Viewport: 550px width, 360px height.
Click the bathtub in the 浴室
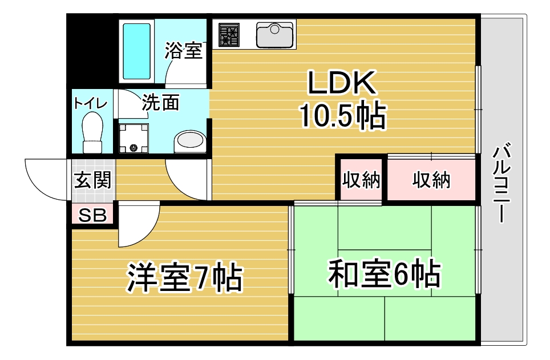click(x=137, y=51)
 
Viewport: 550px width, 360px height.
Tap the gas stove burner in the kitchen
click(x=229, y=35)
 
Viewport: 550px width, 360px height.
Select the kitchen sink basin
click(x=274, y=34)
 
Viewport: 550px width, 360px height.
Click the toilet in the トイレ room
click(x=92, y=132)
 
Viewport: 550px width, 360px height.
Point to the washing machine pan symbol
click(x=134, y=138)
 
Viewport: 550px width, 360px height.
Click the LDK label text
click(x=342, y=83)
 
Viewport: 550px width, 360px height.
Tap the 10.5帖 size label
click(x=342, y=115)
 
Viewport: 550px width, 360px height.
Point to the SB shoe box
click(x=92, y=214)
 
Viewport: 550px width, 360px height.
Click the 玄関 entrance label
click(x=92, y=180)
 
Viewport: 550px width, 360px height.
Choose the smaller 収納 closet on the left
click(x=361, y=180)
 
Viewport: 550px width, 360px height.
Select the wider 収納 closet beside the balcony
click(x=431, y=180)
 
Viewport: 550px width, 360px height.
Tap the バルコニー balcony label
click(x=502, y=182)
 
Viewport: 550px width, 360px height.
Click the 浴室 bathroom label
click(x=184, y=51)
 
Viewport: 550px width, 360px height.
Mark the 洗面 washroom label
click(x=160, y=103)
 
